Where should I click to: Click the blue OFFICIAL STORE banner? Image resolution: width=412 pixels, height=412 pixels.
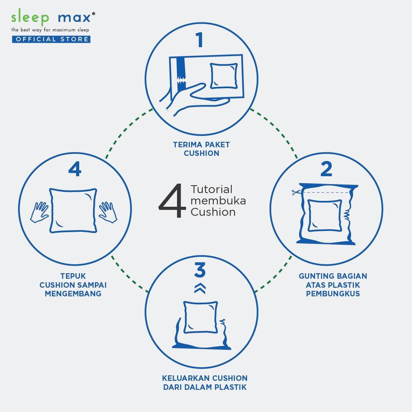pos(51,39)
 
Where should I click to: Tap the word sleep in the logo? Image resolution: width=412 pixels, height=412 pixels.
pos(30,17)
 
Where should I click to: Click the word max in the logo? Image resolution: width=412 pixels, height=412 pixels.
pos(75,17)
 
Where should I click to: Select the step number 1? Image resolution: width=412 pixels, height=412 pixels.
pos(200,40)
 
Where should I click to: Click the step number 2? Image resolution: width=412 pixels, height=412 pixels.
pos(326,169)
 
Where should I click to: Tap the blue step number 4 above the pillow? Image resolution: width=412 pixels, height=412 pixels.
pos(75,169)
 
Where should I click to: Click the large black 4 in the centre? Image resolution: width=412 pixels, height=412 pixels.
pos(171,201)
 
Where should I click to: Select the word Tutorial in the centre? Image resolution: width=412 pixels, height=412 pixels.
pos(211,189)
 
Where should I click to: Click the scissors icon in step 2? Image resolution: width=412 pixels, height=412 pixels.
pos(295,192)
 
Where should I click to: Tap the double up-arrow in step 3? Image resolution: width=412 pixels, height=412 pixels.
pos(200,288)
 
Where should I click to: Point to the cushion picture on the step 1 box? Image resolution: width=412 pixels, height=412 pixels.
pos(223,76)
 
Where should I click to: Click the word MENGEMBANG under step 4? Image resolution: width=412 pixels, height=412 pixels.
pos(73,293)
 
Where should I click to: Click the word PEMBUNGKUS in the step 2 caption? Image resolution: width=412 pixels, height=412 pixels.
pos(333,293)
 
